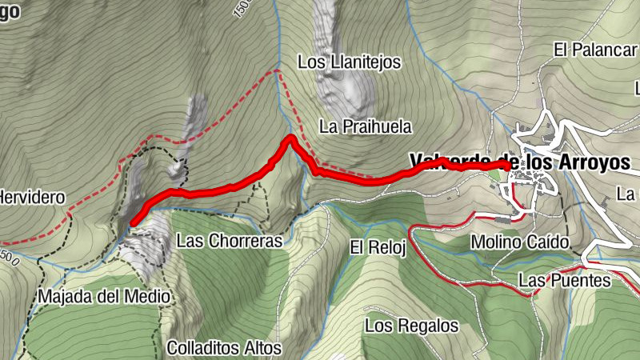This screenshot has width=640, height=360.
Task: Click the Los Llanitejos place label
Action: pyautogui.click(x=348, y=62)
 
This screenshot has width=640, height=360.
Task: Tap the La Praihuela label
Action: pyautogui.click(x=365, y=126)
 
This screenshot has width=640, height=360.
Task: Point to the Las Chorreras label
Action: pyautogui.click(x=230, y=240)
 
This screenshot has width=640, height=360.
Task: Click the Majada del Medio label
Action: pyautogui.click(x=104, y=297)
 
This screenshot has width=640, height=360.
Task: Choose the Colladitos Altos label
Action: pyautogui.click(x=224, y=348)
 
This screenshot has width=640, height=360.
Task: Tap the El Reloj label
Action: pyautogui.click(x=378, y=247)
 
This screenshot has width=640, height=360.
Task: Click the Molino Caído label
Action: pyautogui.click(x=520, y=241)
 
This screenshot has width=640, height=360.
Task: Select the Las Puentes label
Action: pyautogui.click(x=564, y=281)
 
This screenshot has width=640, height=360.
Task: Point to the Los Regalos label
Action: pyautogui.click(x=411, y=326)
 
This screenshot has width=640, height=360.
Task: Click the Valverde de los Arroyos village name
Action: pyautogui.click(x=520, y=161)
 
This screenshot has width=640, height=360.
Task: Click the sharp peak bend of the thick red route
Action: pyautogui.click(x=289, y=139)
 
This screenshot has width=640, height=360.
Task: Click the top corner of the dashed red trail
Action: pyautogui.click(x=277, y=71)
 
